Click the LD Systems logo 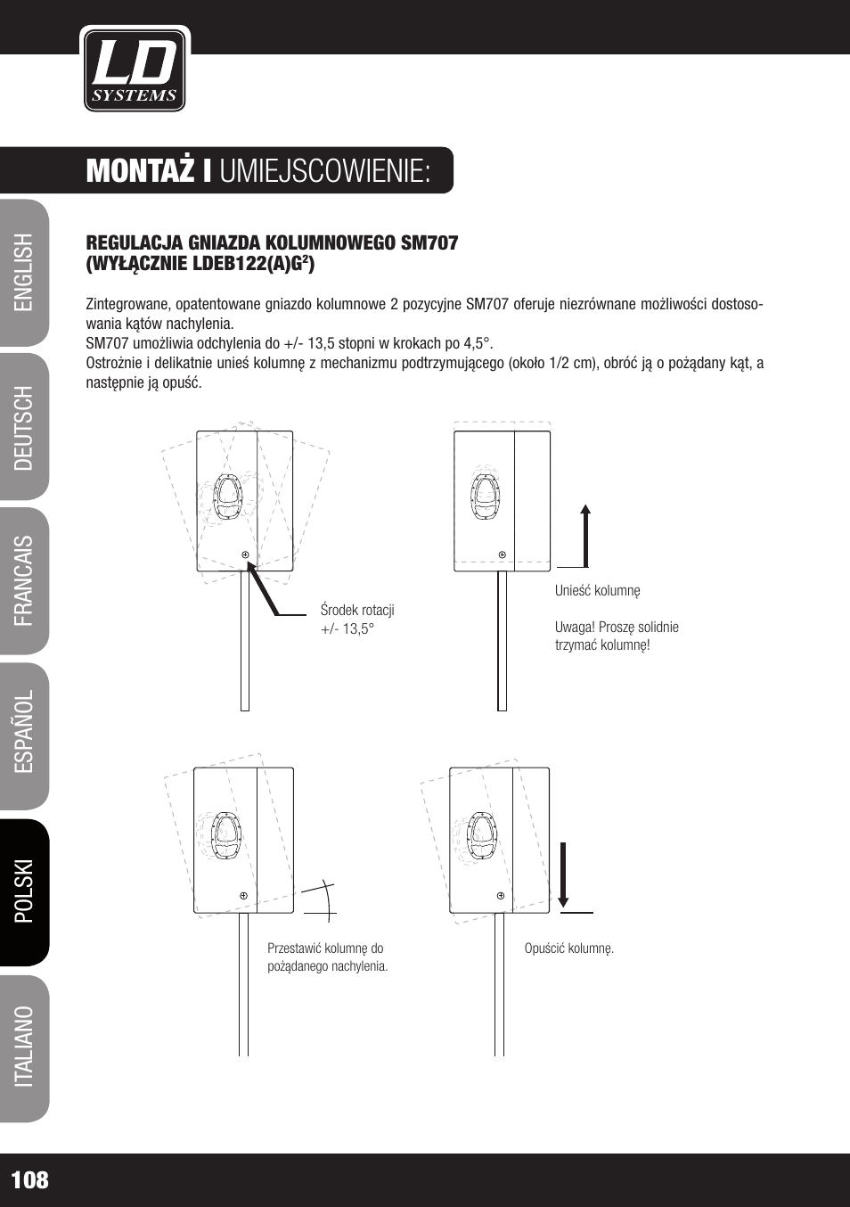coord(135,70)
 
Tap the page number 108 coord(30,1180)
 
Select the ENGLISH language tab coord(24,273)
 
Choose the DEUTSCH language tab coord(24,428)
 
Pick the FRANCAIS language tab coord(24,581)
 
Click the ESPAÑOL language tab coord(24,732)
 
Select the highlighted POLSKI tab coord(24,891)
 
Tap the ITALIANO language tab coord(24,1047)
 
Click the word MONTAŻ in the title coord(140,171)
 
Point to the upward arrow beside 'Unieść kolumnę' coord(585,535)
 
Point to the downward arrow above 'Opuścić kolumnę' coord(563,874)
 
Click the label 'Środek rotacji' coord(357,611)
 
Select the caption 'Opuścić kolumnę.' coord(569,948)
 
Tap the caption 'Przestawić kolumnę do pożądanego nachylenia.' coord(327,957)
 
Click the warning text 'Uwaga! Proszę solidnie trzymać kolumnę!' coord(617,636)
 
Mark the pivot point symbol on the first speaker coord(246,554)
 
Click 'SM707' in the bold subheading coord(429,243)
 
